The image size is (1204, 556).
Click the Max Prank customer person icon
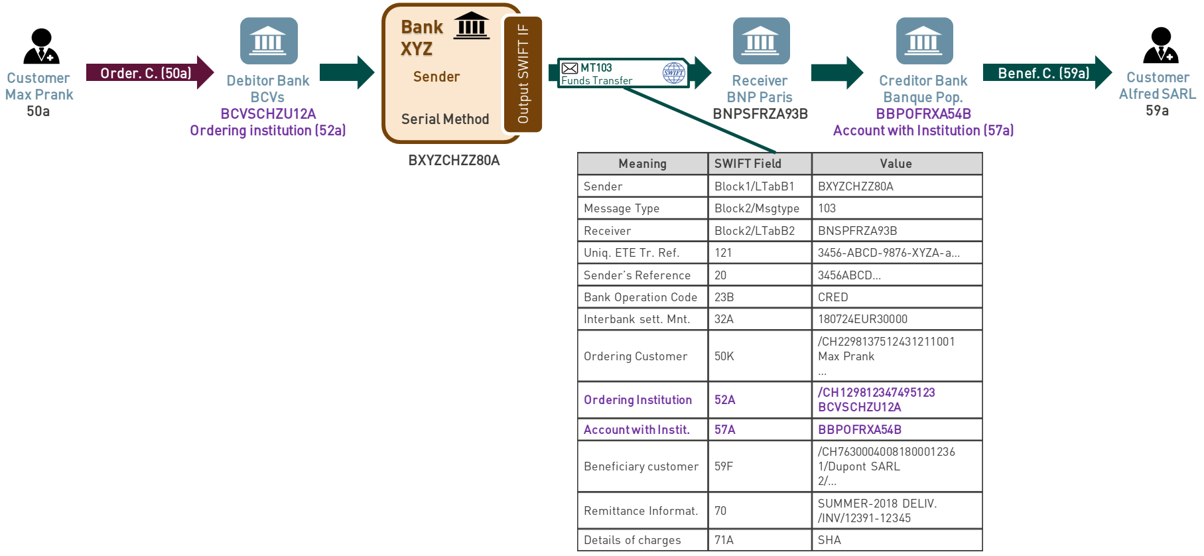coord(41,46)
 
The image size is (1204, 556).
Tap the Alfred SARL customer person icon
coord(1161,45)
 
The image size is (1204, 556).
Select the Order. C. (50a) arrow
coord(150,72)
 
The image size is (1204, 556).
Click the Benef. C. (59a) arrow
coord(1047,72)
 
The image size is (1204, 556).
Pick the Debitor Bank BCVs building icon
coord(269,40)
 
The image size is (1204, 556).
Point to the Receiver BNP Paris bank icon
coord(761,40)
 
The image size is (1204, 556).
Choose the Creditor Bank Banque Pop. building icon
coord(924,40)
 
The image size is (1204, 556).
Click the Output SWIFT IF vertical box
coord(523,74)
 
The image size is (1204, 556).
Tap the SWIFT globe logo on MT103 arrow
coord(674,73)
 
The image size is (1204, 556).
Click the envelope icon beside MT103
coord(570,68)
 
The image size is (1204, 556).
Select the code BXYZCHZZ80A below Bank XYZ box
coord(454,161)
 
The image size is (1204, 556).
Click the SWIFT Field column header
coord(760,163)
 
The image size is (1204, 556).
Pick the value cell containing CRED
coord(897,297)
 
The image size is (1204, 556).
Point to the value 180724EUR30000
coord(862,319)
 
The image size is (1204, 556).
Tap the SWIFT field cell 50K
coord(760,356)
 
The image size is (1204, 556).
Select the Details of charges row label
coord(632,540)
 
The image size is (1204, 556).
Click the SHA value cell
coord(897,539)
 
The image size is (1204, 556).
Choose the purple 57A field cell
coord(760,429)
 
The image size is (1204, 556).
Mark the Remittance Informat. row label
coord(641,511)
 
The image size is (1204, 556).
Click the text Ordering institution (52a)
coord(268,130)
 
